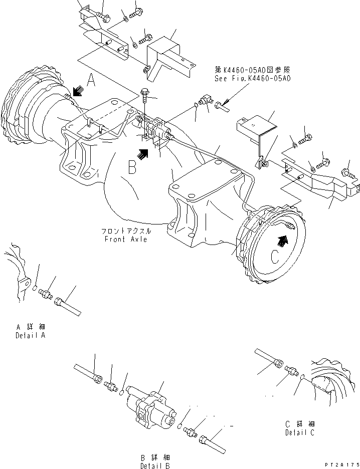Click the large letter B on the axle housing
click(132, 167)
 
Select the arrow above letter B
click(143, 153)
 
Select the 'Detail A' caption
click(31, 335)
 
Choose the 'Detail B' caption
click(154, 465)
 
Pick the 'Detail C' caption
click(300, 432)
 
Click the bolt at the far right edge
click(349, 174)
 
